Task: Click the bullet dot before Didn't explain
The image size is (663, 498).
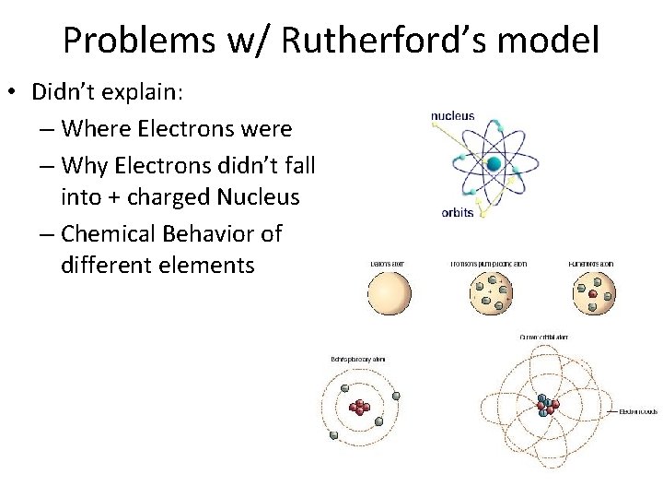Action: [x=17, y=93]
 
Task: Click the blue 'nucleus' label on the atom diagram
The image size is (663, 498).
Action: [x=452, y=116]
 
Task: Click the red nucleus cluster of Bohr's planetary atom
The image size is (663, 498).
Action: [x=360, y=406]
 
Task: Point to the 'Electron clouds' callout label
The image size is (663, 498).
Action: [x=637, y=410]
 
